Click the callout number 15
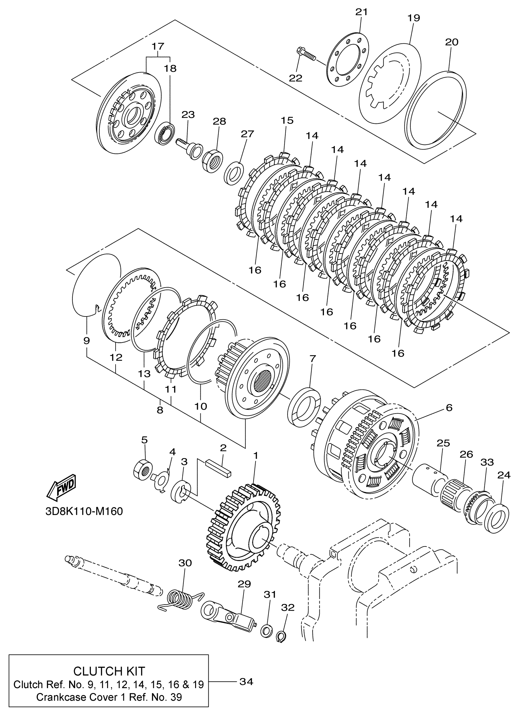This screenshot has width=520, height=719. pos(287,120)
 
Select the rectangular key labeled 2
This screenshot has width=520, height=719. pos(218,468)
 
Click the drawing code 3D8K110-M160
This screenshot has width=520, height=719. pos(84,512)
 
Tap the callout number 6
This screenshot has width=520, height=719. pos(449,407)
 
